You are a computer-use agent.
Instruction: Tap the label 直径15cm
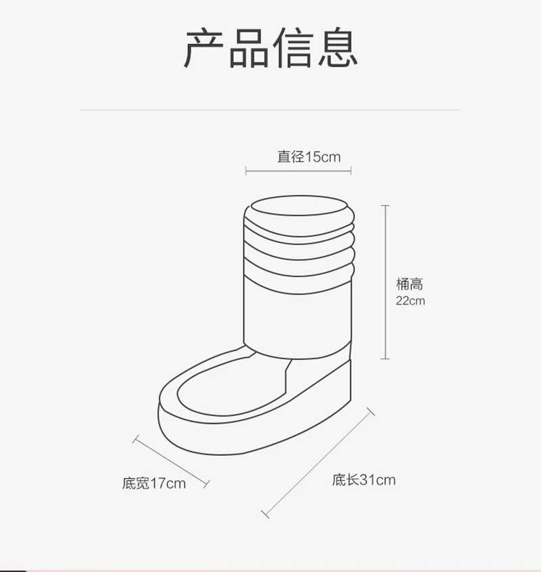pyautogui.click(x=308, y=157)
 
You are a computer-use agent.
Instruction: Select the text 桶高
pyautogui.click(x=409, y=284)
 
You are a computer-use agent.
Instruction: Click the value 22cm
pyautogui.click(x=410, y=301)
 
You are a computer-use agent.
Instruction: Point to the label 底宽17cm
pyautogui.click(x=154, y=484)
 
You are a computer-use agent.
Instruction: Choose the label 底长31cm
pyautogui.click(x=363, y=480)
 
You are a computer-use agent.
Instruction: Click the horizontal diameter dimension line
pyautogui.click(x=298, y=172)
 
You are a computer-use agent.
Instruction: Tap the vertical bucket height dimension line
pyautogui.click(x=386, y=282)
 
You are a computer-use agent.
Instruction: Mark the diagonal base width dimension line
pyautogui.click(x=171, y=461)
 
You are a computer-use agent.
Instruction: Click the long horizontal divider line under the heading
pyautogui.click(x=270, y=109)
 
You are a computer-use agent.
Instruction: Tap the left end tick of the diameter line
pyautogui.click(x=246, y=172)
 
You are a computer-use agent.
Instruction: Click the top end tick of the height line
pyautogui.click(x=386, y=206)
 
